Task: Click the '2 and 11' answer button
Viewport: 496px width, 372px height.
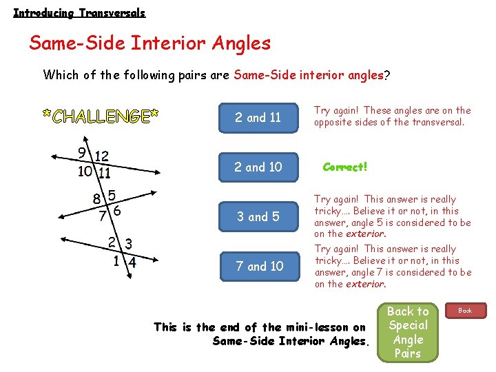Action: [258, 118]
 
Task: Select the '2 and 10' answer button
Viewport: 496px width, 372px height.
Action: [258, 167]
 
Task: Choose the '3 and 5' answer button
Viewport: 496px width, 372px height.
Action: [258, 217]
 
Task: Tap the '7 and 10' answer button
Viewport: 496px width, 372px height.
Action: [259, 267]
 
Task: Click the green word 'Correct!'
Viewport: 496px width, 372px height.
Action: [345, 167]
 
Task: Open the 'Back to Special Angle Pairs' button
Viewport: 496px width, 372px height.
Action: [408, 332]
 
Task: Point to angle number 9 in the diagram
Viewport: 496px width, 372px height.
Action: [81, 153]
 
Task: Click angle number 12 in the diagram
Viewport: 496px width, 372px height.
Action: [101, 156]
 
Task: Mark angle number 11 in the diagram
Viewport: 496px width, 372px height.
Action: [104, 173]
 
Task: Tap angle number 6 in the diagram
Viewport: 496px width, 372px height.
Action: [117, 211]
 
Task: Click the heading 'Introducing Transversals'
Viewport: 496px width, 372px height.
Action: [79, 12]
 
